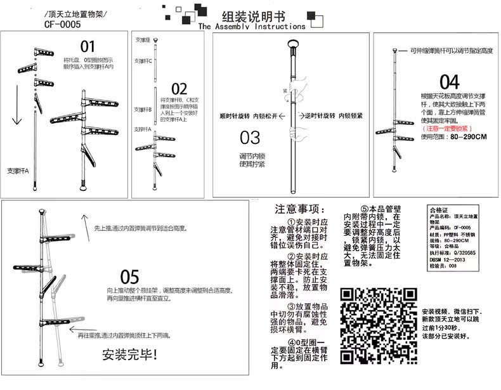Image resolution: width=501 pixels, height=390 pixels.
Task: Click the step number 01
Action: pos(88,46)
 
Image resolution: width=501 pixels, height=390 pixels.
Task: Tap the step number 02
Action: pos(179,89)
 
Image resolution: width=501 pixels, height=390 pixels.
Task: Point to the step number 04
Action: pos(449,82)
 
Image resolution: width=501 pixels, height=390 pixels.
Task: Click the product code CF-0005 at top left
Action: pos(63,25)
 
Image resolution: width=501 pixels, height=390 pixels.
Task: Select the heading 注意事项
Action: pos(301,209)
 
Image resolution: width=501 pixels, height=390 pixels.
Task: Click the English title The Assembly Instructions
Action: pos(251,27)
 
